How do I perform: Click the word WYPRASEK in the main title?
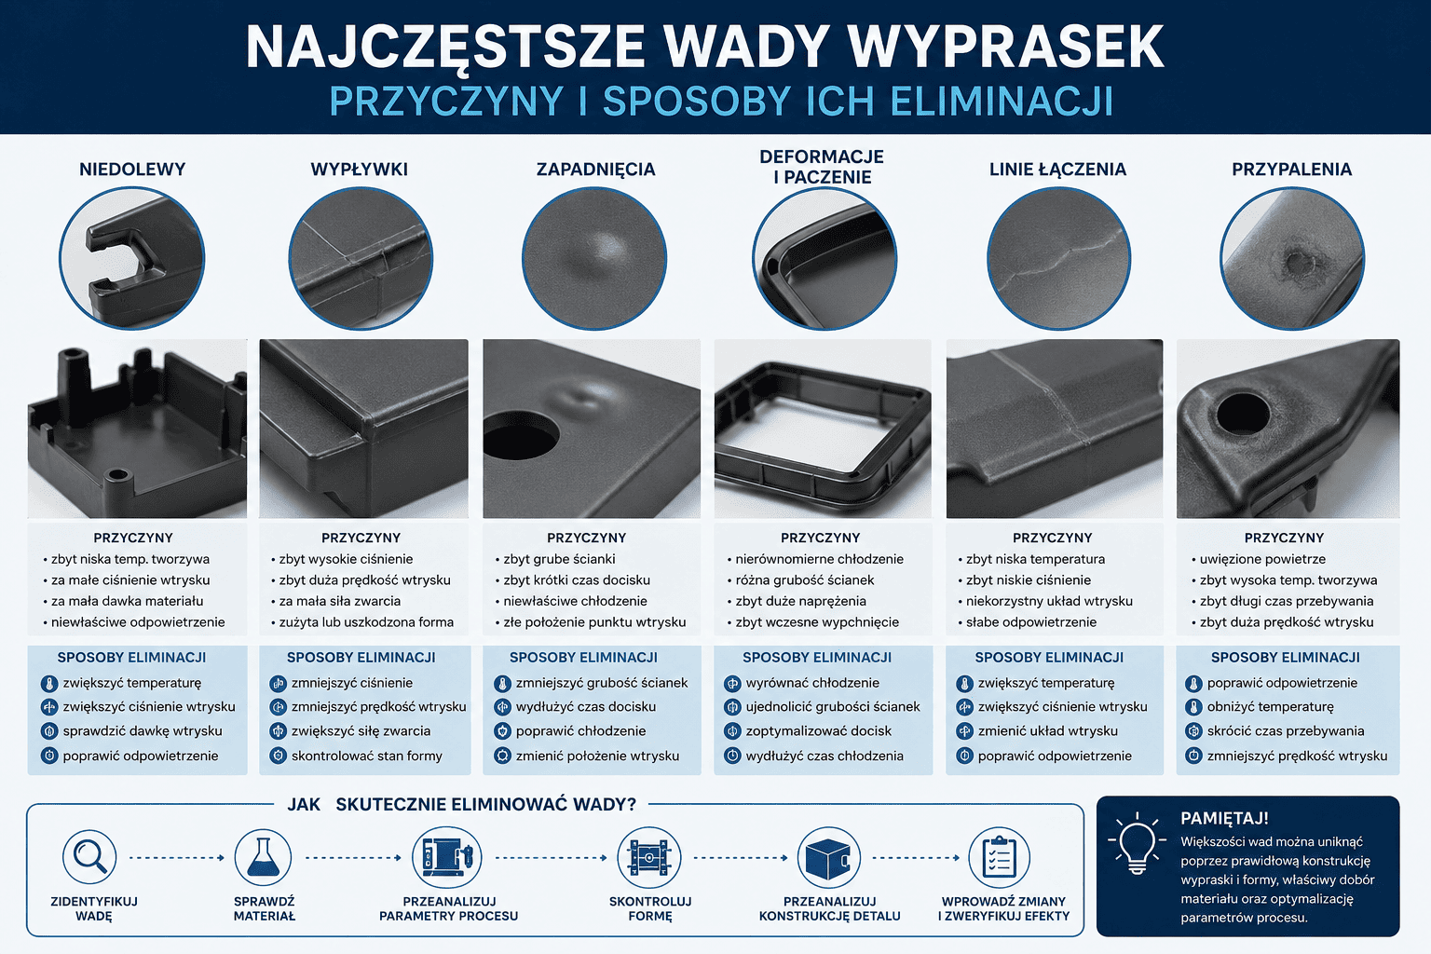point(1005,48)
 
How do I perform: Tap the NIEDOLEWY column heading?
point(132,170)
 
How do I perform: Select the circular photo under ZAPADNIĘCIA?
point(594,259)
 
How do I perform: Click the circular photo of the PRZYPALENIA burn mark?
point(1292,259)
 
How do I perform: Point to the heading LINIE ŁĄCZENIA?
point(1057,170)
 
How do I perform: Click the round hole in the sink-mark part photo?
point(521,435)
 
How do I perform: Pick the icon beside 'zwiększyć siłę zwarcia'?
point(278,731)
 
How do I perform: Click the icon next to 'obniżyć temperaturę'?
point(1193,707)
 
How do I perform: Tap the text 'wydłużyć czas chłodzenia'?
point(825,756)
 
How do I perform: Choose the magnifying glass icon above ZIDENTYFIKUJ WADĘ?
point(89,857)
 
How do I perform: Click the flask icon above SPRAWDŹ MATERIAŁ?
point(263,857)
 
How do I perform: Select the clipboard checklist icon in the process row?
point(999,857)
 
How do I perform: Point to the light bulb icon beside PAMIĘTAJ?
point(1138,843)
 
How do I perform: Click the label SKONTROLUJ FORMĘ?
point(650,908)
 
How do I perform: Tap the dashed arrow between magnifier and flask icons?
point(177,857)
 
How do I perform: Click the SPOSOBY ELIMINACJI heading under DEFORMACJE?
point(816,657)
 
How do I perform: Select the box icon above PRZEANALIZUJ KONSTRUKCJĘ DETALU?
point(828,857)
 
